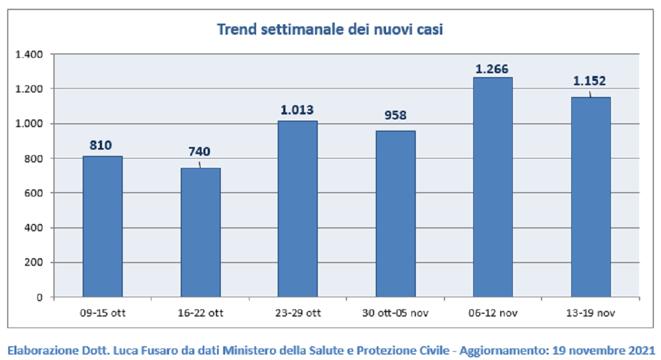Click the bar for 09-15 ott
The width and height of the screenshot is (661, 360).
(x=102, y=226)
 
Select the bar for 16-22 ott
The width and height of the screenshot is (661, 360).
(x=201, y=232)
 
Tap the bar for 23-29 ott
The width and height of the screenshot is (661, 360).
(x=298, y=209)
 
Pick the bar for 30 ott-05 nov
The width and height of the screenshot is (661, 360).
(x=395, y=214)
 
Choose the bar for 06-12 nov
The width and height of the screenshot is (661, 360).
(x=493, y=187)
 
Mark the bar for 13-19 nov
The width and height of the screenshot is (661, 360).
(x=590, y=197)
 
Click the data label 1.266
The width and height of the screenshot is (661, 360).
(x=492, y=69)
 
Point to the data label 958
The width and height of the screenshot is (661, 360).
(x=395, y=115)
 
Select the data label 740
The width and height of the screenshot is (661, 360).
(x=199, y=151)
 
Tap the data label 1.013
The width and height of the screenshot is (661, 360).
(x=297, y=110)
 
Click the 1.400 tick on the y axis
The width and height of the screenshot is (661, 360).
(x=29, y=54)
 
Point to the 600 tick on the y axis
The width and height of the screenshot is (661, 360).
(x=34, y=193)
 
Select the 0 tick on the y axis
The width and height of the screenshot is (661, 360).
(x=40, y=297)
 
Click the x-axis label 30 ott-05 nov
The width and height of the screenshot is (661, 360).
(x=395, y=313)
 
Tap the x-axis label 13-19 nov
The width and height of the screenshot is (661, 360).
(x=590, y=313)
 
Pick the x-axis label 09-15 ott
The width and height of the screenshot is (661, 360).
(x=102, y=313)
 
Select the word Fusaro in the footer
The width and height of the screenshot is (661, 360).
(x=159, y=351)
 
